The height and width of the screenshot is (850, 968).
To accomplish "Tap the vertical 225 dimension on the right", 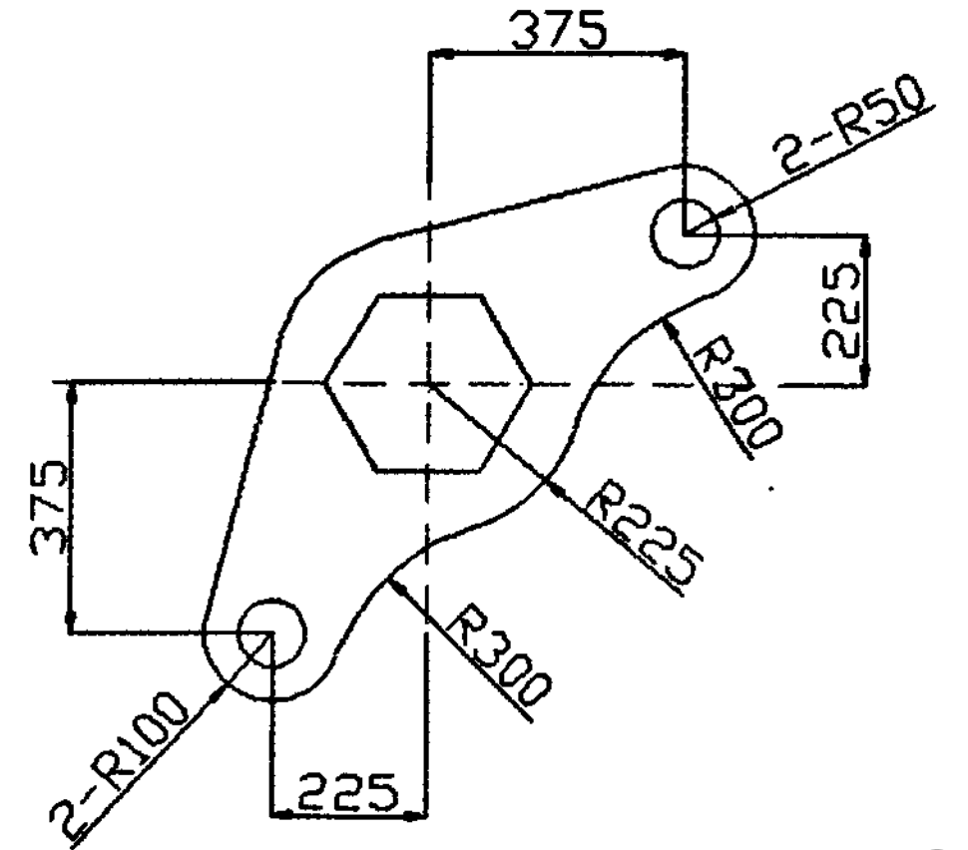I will pyautogui.click(x=843, y=309).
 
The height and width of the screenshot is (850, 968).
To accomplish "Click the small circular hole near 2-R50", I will pyautogui.click(x=685, y=232).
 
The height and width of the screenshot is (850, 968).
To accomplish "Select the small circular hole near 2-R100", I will pyautogui.click(x=271, y=634).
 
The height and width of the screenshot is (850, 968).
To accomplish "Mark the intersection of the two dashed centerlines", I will pyautogui.click(x=428, y=383).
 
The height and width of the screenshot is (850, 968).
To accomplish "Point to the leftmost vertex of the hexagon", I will pyautogui.click(x=326, y=383).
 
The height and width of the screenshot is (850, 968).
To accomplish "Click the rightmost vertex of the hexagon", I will pyautogui.click(x=530, y=383).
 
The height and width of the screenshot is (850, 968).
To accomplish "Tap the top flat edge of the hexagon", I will pyautogui.click(x=428, y=295).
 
